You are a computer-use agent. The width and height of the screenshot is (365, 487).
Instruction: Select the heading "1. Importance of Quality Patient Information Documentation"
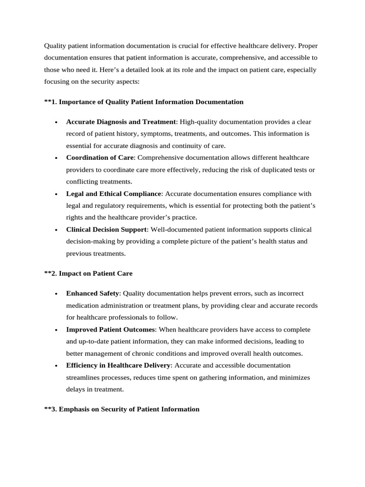point(144,102)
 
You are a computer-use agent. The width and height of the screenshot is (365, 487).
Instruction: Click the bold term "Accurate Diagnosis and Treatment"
point(121,122)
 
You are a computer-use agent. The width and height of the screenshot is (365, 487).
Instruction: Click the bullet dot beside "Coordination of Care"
point(56,158)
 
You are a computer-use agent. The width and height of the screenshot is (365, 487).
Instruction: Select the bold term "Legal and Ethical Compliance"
point(114,194)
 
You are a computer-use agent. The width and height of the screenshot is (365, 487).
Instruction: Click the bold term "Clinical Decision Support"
point(106,229)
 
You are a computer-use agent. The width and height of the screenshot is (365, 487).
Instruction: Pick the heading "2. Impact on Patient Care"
point(88,273)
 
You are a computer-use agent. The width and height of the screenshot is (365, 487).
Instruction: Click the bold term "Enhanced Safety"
point(92,293)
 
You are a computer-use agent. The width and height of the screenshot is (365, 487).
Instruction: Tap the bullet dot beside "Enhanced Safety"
point(56,294)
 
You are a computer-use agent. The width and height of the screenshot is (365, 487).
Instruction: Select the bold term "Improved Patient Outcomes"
point(111,329)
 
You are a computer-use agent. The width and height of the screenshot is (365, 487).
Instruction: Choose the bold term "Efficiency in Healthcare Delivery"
point(118,365)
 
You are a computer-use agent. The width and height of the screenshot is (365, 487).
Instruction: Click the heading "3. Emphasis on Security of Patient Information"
point(122,409)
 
